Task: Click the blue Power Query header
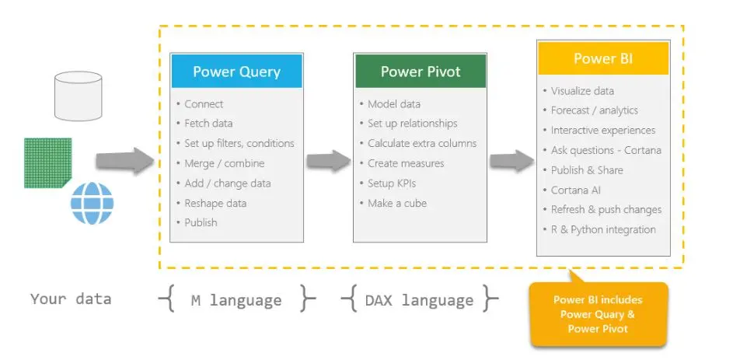click(x=236, y=72)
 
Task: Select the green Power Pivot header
click(x=421, y=72)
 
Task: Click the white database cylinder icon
click(x=78, y=96)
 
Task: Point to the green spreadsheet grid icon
click(x=47, y=163)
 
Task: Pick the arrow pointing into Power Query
click(x=125, y=161)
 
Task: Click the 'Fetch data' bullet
click(x=208, y=124)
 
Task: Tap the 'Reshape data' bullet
click(x=215, y=203)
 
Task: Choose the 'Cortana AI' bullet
click(x=576, y=190)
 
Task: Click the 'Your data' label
click(x=71, y=299)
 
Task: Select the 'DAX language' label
click(x=419, y=300)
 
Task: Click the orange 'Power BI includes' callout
click(x=598, y=314)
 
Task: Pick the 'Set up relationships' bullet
click(x=412, y=124)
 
